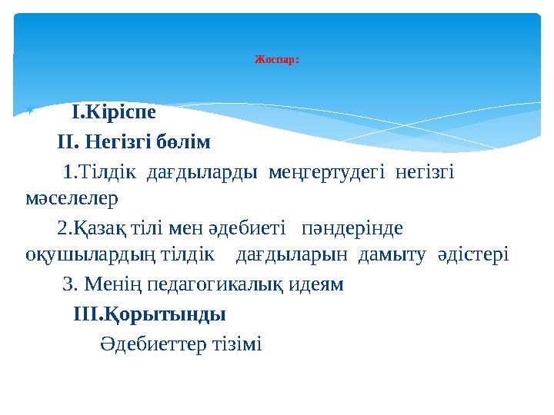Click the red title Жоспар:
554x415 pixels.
click(276, 59)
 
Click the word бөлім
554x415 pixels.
click(182, 143)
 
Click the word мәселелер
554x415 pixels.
click(71, 200)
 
